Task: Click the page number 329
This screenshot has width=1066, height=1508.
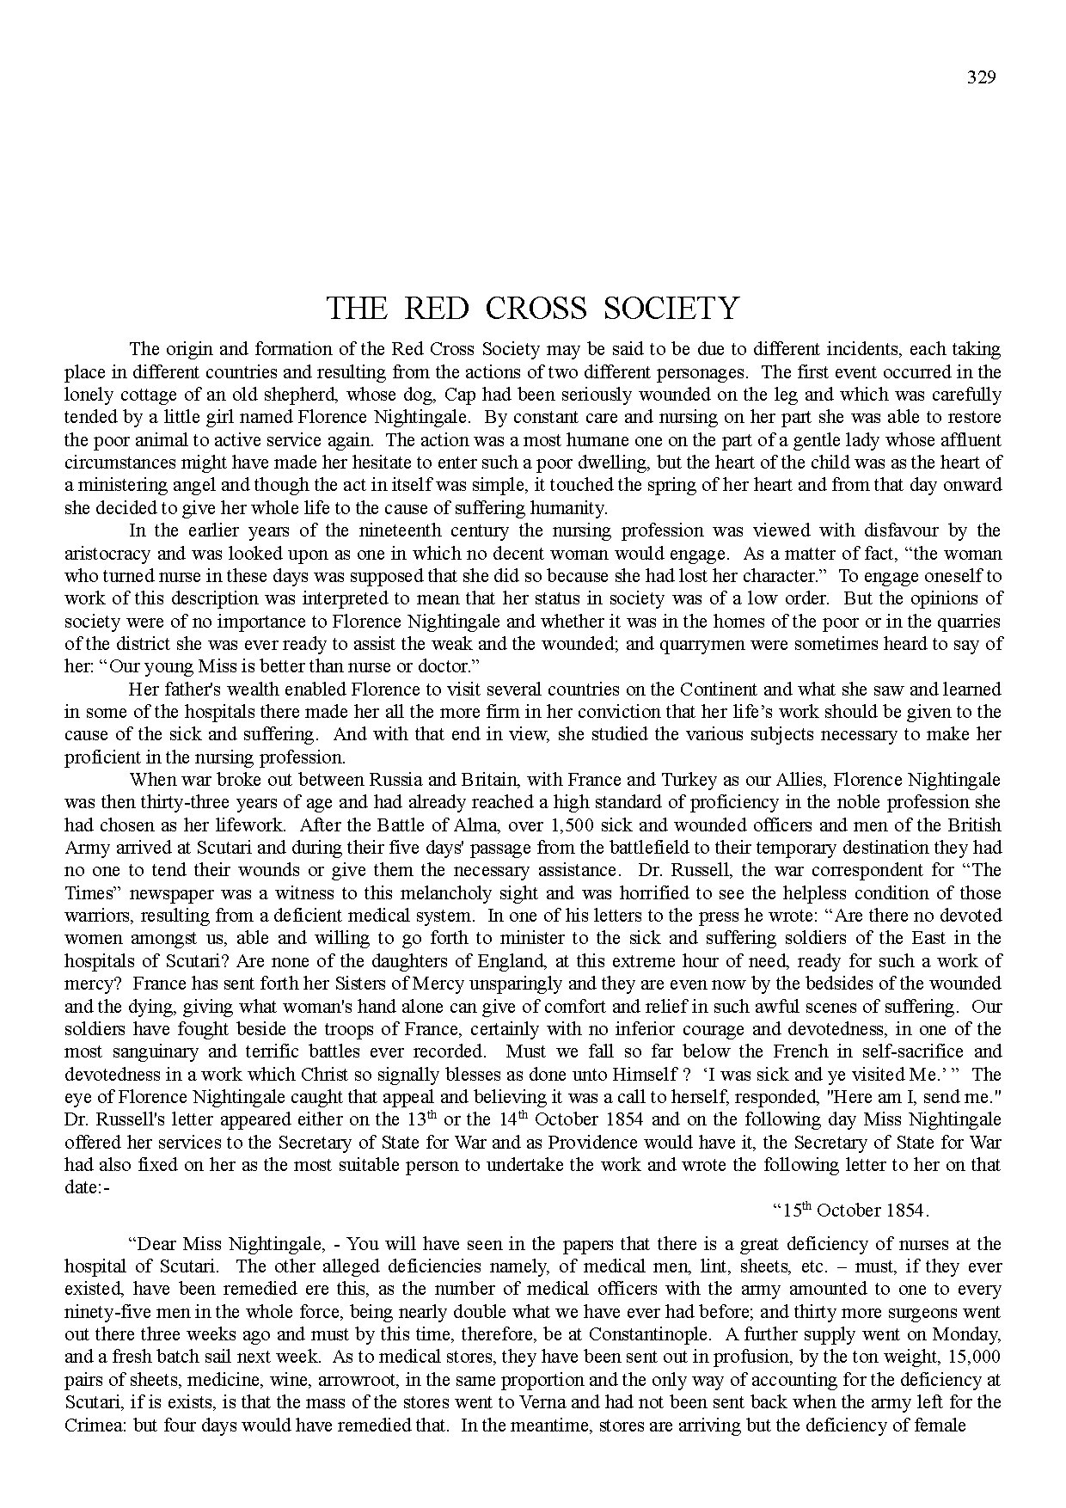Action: click(981, 77)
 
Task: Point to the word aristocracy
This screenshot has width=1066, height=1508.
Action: click(106, 553)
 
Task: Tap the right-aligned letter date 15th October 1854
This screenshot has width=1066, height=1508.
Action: click(851, 1210)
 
